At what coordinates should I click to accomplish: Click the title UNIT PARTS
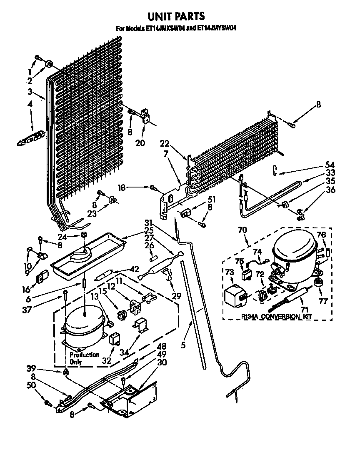pos(177,16)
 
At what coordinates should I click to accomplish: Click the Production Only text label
pos(84,358)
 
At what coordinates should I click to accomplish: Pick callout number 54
pos(318,164)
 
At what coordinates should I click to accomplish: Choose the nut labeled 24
pos(84,236)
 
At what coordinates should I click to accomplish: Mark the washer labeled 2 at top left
pos(48,64)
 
